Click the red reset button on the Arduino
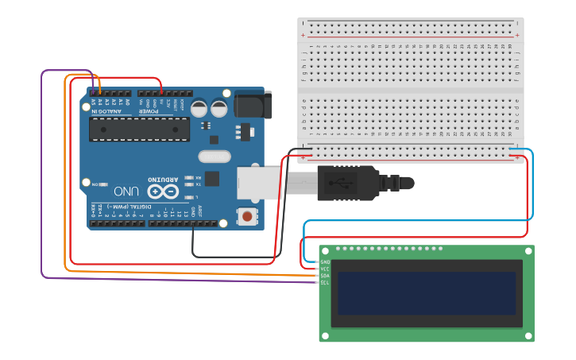click(248, 216)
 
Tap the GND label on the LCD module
click(325, 261)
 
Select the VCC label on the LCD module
click(325, 269)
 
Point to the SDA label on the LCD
click(325, 276)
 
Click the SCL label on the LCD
click(325, 282)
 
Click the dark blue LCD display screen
click(427, 293)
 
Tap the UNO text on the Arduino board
click(126, 192)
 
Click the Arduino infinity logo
click(162, 192)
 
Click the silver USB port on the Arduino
click(259, 183)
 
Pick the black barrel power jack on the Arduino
click(253, 105)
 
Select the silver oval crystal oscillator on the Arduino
click(214, 157)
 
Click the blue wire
click(532, 183)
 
